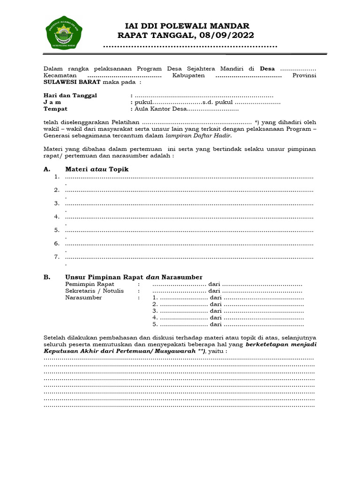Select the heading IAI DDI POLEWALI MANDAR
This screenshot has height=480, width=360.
(x=186, y=26)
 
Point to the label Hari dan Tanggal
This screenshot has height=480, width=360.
(x=70, y=95)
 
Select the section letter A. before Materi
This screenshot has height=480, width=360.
(x=46, y=169)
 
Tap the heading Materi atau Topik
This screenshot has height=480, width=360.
(x=97, y=169)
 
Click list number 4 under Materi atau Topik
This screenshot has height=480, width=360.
(x=56, y=217)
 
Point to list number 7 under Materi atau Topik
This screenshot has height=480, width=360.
(x=56, y=256)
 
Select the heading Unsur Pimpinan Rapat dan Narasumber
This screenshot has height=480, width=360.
(x=134, y=277)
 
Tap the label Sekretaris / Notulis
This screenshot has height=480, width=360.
(x=94, y=291)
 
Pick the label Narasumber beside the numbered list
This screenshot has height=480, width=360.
(x=83, y=298)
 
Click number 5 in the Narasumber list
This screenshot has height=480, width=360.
(x=154, y=324)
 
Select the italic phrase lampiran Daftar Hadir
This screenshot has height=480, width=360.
(x=198, y=135)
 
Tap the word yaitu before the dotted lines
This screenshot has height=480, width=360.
(x=217, y=351)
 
